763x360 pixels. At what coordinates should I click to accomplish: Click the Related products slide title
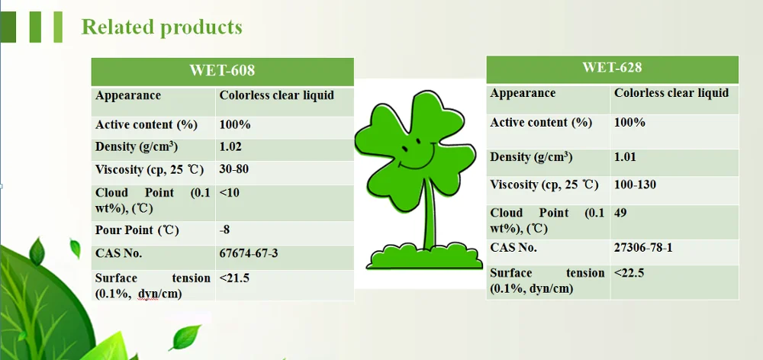click(162, 27)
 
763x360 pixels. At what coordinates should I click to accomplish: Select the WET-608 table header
click(222, 70)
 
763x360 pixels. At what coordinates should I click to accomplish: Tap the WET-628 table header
click(612, 67)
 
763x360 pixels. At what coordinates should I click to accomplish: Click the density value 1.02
click(230, 147)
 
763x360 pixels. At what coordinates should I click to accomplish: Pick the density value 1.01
click(626, 157)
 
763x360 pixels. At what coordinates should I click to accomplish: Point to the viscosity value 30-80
click(234, 169)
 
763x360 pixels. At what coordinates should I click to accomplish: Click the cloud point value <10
click(229, 193)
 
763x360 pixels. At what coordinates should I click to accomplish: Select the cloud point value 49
click(620, 213)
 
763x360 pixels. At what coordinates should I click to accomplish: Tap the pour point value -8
click(224, 230)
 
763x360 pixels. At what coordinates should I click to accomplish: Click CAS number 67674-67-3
click(249, 253)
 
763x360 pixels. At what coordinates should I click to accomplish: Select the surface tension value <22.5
click(629, 273)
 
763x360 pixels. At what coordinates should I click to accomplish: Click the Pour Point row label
click(137, 230)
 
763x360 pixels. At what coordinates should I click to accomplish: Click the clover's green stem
click(428, 214)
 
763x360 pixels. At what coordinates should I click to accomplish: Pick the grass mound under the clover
click(424, 257)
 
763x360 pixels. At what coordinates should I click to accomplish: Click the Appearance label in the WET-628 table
click(523, 93)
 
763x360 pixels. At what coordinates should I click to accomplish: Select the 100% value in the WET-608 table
click(235, 124)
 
